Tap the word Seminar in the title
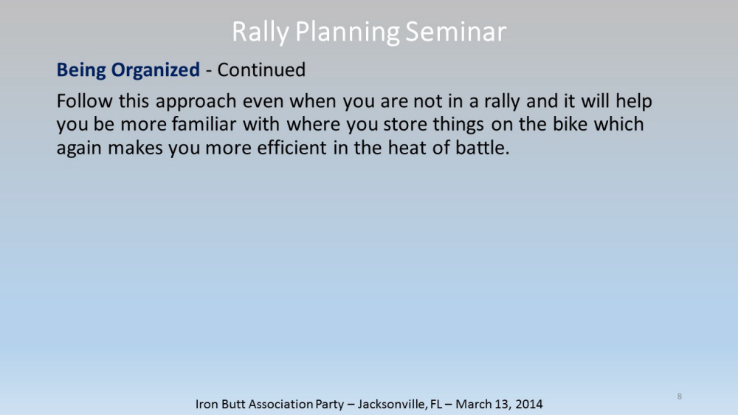coord(455,32)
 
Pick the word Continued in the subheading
coord(261,69)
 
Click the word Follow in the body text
coord(85,101)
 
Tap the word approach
coord(196,102)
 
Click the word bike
coord(570,124)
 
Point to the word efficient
coord(292,148)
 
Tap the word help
coord(634,102)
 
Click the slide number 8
coord(679,396)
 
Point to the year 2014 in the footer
coord(529,404)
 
